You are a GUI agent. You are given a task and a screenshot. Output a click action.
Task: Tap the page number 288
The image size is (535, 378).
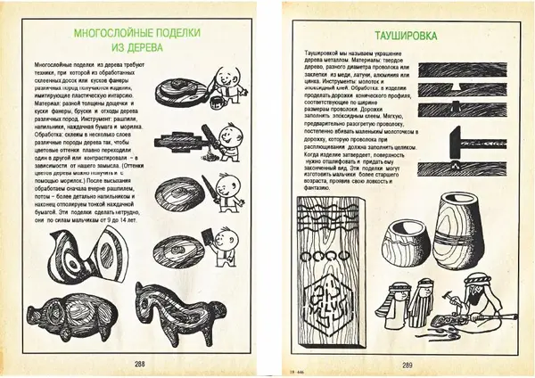pos(139,363)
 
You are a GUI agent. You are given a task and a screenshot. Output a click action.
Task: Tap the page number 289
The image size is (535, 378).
pos(407,363)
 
